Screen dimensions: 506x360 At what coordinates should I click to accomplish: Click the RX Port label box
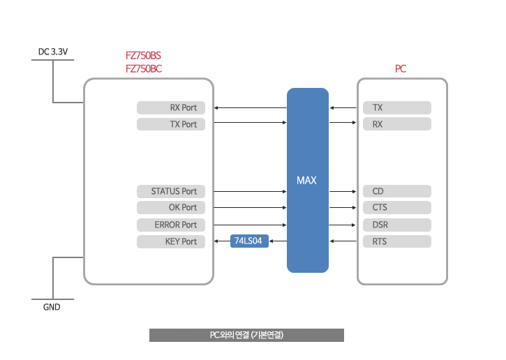[171, 107]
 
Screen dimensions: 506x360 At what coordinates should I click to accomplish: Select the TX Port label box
[171, 124]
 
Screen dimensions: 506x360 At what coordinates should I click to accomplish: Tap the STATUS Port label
[171, 191]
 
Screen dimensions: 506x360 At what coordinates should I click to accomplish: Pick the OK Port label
[171, 207]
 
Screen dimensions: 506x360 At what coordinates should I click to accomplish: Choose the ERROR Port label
[171, 225]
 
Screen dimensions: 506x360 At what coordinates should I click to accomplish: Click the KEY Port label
[171, 241]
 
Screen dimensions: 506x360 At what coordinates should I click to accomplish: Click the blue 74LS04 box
[249, 241]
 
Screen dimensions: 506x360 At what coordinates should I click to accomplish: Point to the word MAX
[306, 180]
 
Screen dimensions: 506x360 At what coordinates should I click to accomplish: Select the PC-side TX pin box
[397, 107]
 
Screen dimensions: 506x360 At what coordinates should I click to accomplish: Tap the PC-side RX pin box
[397, 124]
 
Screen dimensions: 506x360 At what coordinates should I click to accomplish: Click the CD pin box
[397, 191]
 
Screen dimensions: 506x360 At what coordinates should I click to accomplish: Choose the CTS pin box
[397, 207]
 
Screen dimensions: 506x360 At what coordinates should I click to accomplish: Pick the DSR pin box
[397, 225]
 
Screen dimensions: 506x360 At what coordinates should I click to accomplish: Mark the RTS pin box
[397, 241]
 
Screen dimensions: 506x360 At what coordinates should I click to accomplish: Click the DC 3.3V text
[53, 52]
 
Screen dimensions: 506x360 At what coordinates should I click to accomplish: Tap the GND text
[52, 307]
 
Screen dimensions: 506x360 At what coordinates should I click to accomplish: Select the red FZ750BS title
[143, 56]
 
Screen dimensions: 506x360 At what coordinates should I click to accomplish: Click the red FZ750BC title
[144, 68]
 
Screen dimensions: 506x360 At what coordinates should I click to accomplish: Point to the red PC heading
[401, 68]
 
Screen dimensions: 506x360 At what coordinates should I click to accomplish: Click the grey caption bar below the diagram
[246, 335]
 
